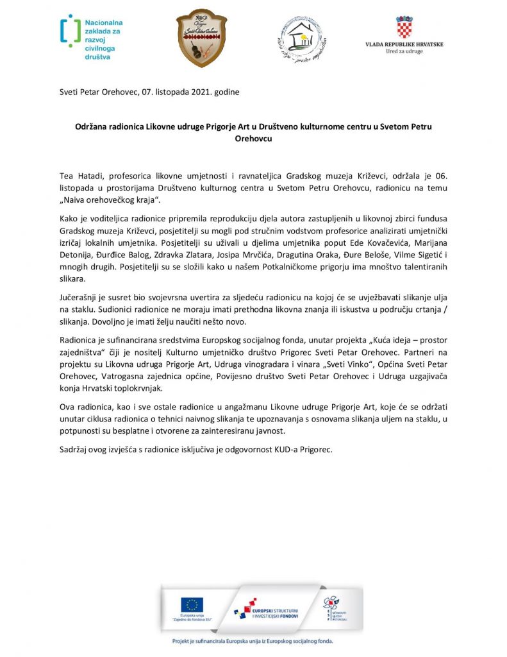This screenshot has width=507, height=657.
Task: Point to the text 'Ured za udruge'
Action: click(x=404, y=51)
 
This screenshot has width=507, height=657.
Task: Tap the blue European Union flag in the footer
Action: click(x=192, y=604)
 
